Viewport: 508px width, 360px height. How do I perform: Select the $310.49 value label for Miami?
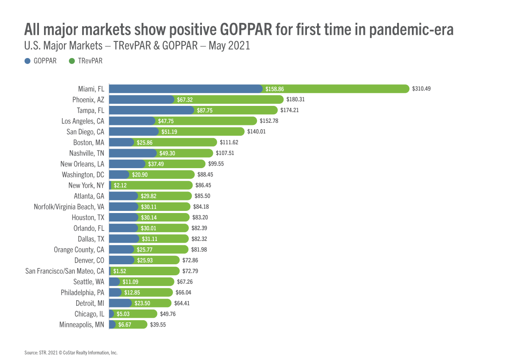[x=421, y=89]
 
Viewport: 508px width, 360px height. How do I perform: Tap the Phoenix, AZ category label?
[x=88, y=100]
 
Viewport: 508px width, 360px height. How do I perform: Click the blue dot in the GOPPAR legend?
[x=28, y=61]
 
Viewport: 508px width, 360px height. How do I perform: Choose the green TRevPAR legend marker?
[x=72, y=61]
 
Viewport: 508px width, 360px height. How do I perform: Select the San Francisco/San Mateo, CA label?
[x=65, y=271]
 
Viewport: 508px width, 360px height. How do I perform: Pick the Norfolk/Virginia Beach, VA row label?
[x=69, y=207]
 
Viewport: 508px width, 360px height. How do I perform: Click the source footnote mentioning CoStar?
[x=71, y=352]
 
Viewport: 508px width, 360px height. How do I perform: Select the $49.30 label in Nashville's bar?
[x=166, y=153]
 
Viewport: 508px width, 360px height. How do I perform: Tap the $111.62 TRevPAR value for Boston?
[x=229, y=142]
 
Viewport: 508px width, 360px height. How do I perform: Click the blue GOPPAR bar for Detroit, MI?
[x=120, y=303]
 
